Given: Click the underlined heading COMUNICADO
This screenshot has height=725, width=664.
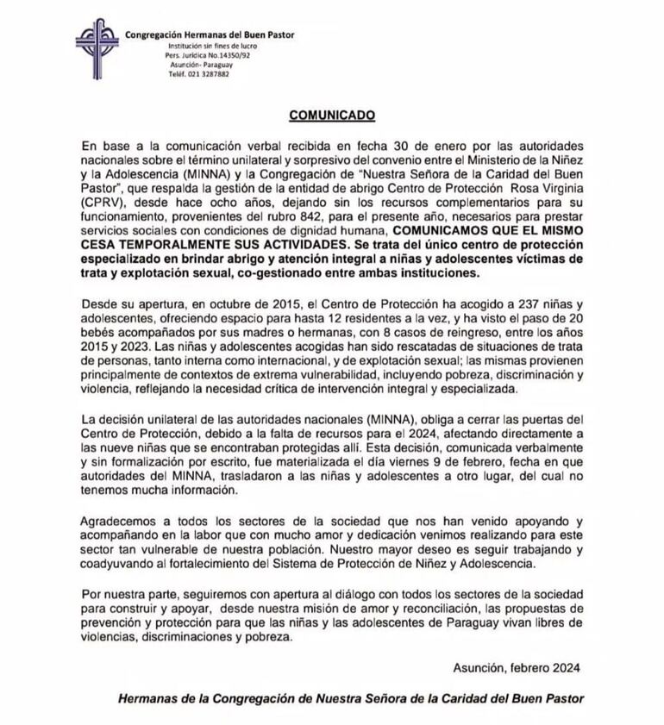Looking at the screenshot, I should (x=331, y=113).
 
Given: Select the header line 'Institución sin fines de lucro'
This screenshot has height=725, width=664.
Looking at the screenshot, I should (x=209, y=45).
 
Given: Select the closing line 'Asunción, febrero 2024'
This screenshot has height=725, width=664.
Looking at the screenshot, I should (x=516, y=666).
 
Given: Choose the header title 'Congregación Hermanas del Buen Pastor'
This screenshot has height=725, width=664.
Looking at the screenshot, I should (x=210, y=34).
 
